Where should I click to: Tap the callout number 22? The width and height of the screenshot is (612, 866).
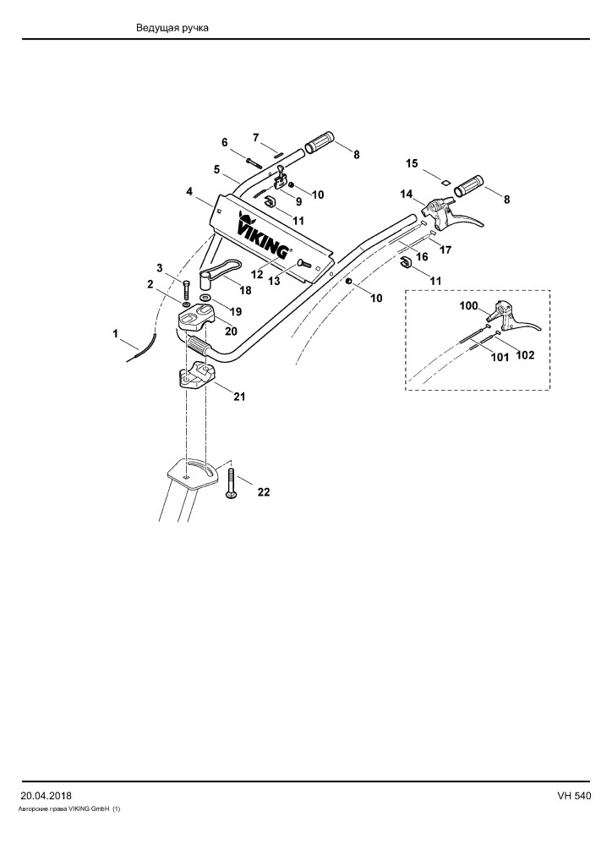(x=264, y=491)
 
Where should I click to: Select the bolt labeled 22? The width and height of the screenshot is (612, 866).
(x=232, y=483)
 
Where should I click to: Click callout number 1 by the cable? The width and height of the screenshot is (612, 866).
(x=115, y=333)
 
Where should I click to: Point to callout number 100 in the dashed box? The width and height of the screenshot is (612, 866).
(x=469, y=306)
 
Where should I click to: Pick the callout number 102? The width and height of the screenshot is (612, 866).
(x=525, y=355)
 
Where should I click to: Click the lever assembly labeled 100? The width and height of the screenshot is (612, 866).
(x=513, y=317)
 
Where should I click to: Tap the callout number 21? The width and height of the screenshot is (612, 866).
(x=239, y=397)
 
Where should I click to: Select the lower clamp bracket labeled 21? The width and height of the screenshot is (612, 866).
(x=196, y=375)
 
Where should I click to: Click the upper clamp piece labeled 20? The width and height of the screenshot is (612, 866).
(x=196, y=319)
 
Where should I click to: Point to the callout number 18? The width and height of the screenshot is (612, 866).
(x=244, y=290)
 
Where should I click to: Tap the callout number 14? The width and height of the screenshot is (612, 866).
(x=407, y=195)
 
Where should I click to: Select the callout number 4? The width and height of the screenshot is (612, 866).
(x=189, y=192)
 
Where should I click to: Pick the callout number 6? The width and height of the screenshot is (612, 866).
(x=225, y=142)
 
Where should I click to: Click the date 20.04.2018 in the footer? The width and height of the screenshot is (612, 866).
(x=46, y=796)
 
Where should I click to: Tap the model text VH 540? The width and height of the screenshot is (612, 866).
(x=574, y=796)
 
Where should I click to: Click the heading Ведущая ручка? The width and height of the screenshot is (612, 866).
(x=172, y=28)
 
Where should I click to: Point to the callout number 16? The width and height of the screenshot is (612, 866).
(x=422, y=257)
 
